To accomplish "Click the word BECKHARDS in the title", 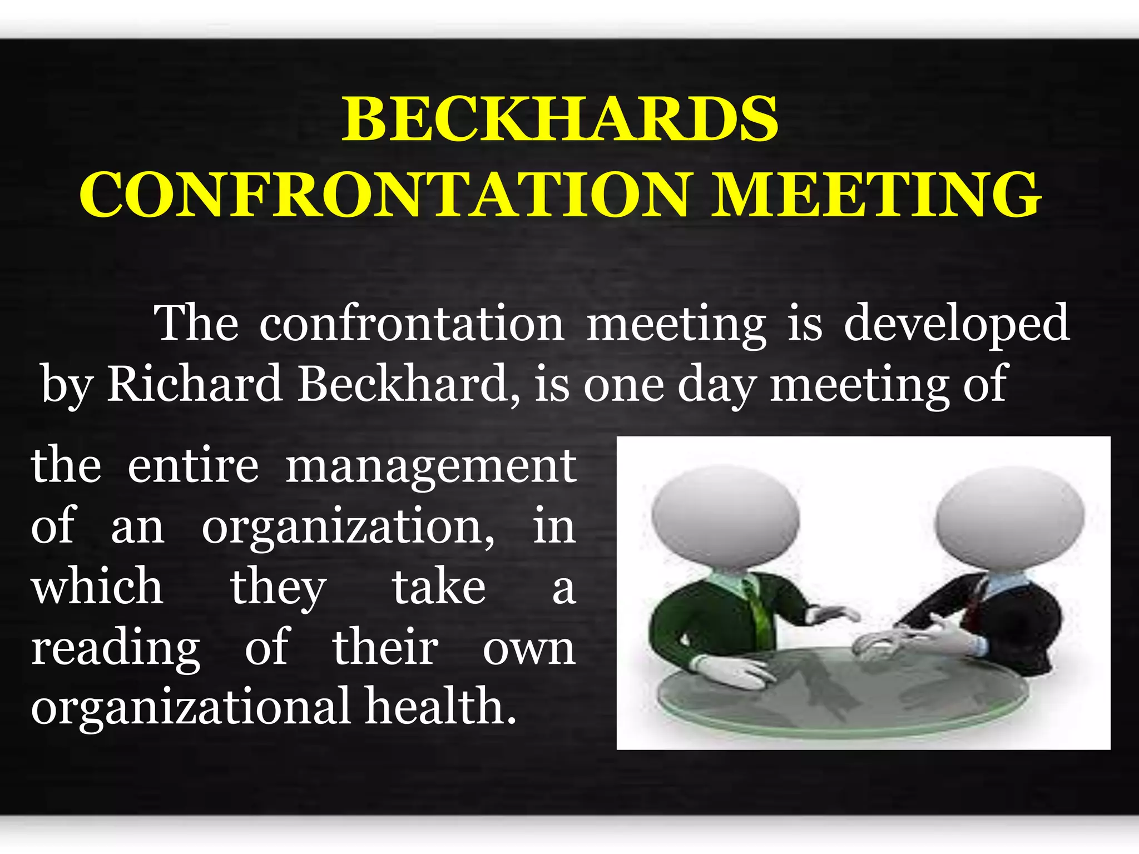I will [560, 119].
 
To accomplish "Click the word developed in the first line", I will [956, 324].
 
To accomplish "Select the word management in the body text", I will [431, 467].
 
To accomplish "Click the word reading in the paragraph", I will [116, 648].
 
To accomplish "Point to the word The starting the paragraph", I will [196, 324].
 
